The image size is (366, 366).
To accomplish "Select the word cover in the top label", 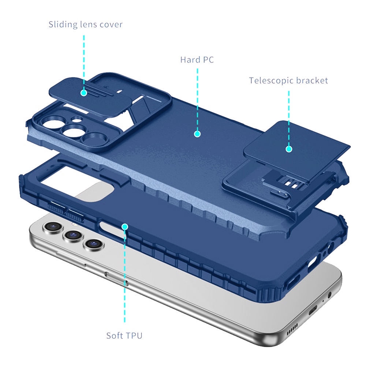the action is (111, 25).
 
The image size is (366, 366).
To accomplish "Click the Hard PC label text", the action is (197, 60).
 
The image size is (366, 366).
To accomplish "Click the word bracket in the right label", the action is (312, 80).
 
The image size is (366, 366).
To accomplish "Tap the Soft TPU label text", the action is (124, 336).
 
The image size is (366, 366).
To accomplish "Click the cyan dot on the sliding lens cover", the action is (84, 93).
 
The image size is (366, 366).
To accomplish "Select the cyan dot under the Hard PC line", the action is (197, 134).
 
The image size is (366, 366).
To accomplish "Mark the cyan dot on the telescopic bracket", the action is (289, 149).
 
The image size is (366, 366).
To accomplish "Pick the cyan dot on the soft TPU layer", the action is (125, 227).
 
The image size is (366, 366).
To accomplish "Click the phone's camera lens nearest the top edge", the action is (53, 227).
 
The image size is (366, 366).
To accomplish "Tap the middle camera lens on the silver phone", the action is (73, 235).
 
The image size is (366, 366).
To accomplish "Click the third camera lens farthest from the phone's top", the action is (94, 244).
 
